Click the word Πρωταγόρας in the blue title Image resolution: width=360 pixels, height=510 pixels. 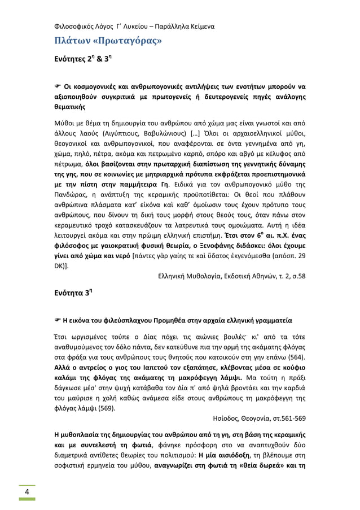coord(130,41)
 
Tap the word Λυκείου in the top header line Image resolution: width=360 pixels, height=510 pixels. coord(140,26)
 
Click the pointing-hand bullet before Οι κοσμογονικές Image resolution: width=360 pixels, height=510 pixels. coord(58,86)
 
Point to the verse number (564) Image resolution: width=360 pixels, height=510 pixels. coord(296,357)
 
